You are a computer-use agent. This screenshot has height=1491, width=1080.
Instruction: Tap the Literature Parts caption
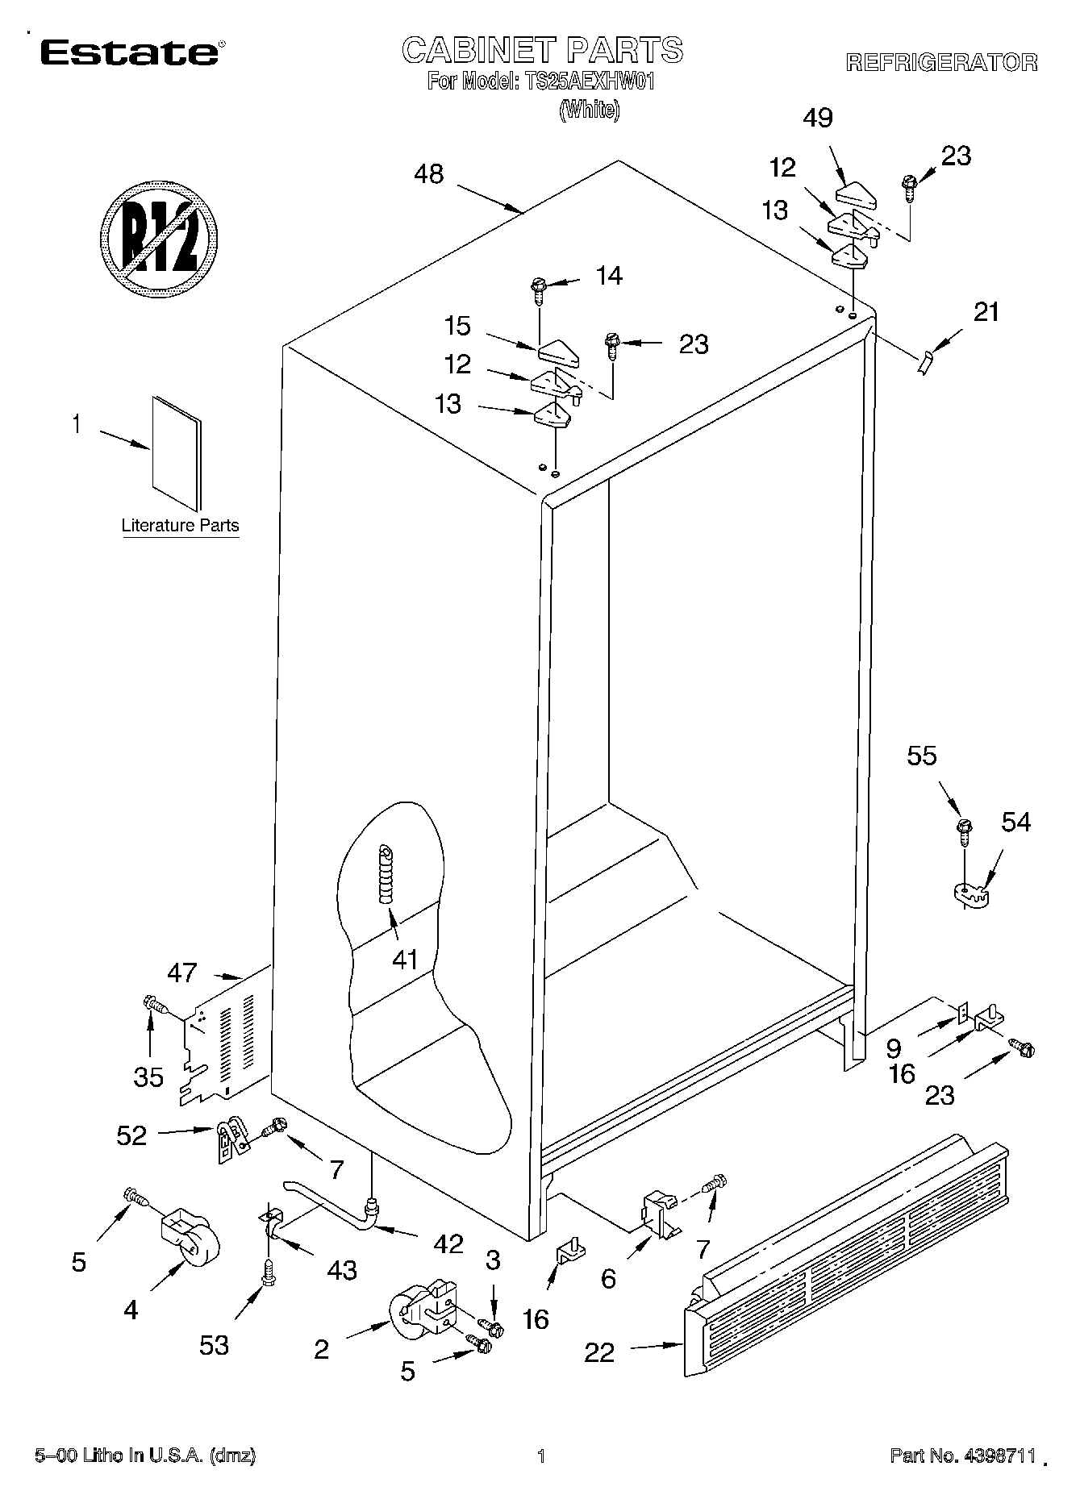(x=180, y=526)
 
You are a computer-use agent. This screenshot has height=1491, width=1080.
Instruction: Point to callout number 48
(x=428, y=173)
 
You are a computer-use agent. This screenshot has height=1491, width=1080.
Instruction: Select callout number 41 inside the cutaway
(x=404, y=959)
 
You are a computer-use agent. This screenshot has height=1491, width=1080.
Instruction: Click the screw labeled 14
(x=539, y=288)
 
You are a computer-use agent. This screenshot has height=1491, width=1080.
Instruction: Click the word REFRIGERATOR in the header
(x=941, y=63)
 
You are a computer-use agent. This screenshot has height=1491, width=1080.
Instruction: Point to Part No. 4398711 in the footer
(x=962, y=1455)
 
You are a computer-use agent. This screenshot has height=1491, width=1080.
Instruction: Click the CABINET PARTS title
(x=542, y=50)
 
